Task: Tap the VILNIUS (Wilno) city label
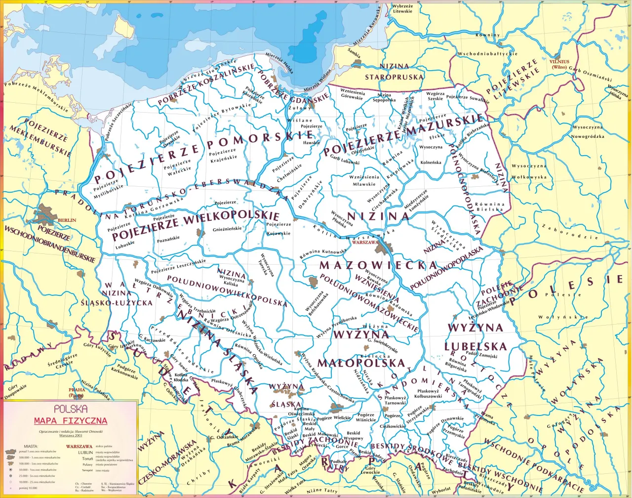[x=559, y=64]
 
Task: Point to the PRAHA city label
[x=77, y=390]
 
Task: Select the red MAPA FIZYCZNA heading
[x=71, y=421]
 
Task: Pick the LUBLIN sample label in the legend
[x=85, y=452]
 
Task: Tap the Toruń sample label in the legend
[x=87, y=458]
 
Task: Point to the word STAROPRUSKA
[x=394, y=77]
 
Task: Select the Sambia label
[x=354, y=52]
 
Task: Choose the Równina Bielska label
[x=489, y=207]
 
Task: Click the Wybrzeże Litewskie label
[x=402, y=8]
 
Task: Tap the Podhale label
[x=338, y=461]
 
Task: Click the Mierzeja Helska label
[x=280, y=63]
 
